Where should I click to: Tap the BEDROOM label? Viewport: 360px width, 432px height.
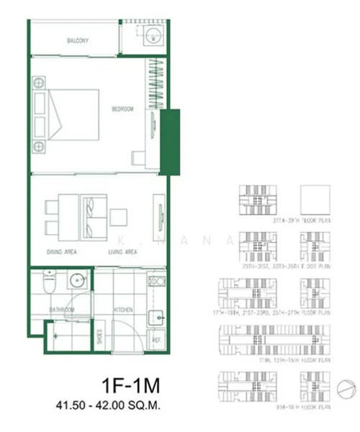click(x=122, y=109)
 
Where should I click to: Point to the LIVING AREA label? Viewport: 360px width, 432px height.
click(x=122, y=253)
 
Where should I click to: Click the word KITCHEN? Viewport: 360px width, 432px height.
click(x=124, y=309)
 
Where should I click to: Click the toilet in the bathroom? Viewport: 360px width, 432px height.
click(x=48, y=284)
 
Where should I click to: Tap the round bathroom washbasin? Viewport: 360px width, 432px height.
click(x=77, y=282)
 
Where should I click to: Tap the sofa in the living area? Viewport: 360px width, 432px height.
click(x=94, y=208)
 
